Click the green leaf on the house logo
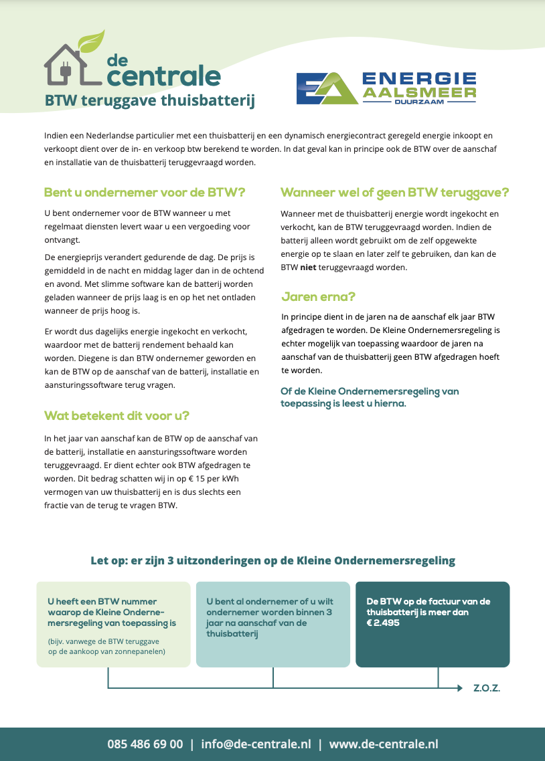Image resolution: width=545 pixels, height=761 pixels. tap(92, 41)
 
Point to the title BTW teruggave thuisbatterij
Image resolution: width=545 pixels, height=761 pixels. tap(149, 101)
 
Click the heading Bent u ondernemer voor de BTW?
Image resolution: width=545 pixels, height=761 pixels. tap(145, 193)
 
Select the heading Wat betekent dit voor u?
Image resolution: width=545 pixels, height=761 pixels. tap(117, 415)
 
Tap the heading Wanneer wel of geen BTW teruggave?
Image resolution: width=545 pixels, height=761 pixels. tap(395, 193)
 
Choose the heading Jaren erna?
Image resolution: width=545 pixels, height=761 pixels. tap(319, 296)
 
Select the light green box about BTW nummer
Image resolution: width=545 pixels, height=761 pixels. tap(114, 624)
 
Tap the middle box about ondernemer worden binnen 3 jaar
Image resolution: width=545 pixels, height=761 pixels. tap(273, 624)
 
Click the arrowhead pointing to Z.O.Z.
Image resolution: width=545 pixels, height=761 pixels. tap(459, 688)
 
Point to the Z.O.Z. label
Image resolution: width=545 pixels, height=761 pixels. tap(487, 688)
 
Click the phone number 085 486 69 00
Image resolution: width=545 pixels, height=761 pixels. tap(145, 744)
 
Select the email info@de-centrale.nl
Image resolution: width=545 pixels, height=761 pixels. tap(256, 744)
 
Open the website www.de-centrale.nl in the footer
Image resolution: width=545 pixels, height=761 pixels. tap(383, 744)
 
